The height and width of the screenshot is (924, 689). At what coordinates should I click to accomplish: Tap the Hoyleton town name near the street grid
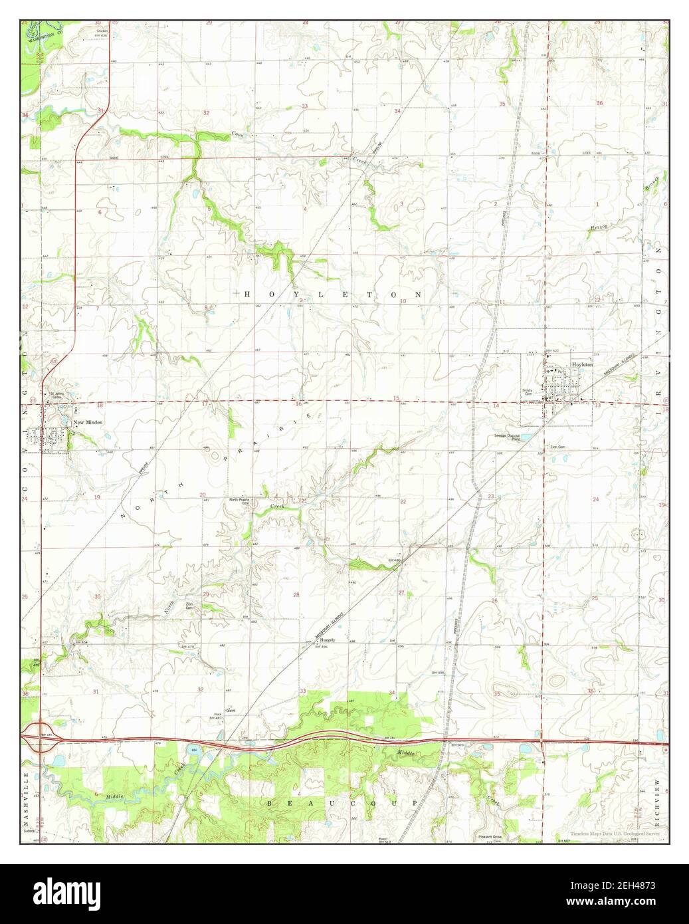coord(582,366)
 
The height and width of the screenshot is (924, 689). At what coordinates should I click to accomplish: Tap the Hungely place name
coord(326,640)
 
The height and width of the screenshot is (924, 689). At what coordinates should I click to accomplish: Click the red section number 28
coord(296,594)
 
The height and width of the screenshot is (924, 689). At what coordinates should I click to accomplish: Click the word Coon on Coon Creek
coord(237,135)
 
